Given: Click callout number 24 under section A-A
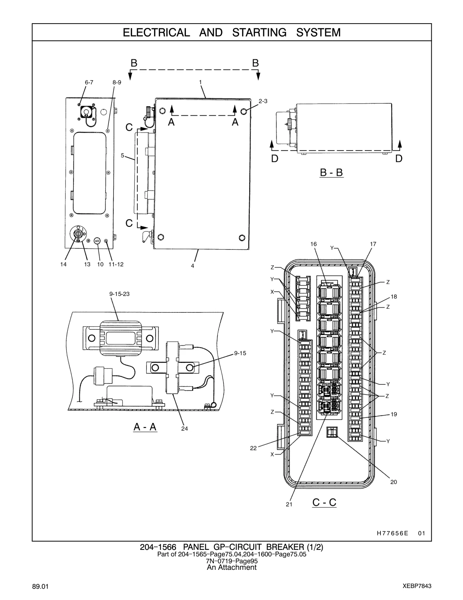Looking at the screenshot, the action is coord(184,428).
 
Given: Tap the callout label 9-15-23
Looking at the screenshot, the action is coord(119,294).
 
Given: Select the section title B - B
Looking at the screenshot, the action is coord(331,173).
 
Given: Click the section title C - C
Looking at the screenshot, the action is coord(324,502).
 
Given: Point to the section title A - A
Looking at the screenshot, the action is coord(145,427).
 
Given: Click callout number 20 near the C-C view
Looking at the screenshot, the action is coord(394,482).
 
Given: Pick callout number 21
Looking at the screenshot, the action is coord(289,504).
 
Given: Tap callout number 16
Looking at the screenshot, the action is coord(314,244).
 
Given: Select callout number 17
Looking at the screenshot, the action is coord(373,244).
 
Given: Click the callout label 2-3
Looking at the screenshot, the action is coord(263,101).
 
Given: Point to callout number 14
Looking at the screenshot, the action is coord(63,264).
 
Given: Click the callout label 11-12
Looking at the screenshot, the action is coord(116,264).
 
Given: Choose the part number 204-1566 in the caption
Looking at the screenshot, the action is coord(158,547).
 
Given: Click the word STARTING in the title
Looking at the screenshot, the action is coord(259,33).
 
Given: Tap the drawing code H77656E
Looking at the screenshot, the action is coord(392,533).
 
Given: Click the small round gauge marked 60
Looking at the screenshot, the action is coord(97,241).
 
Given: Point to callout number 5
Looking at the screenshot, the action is coord(122,155).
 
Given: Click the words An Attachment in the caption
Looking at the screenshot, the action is coord(232,568).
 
